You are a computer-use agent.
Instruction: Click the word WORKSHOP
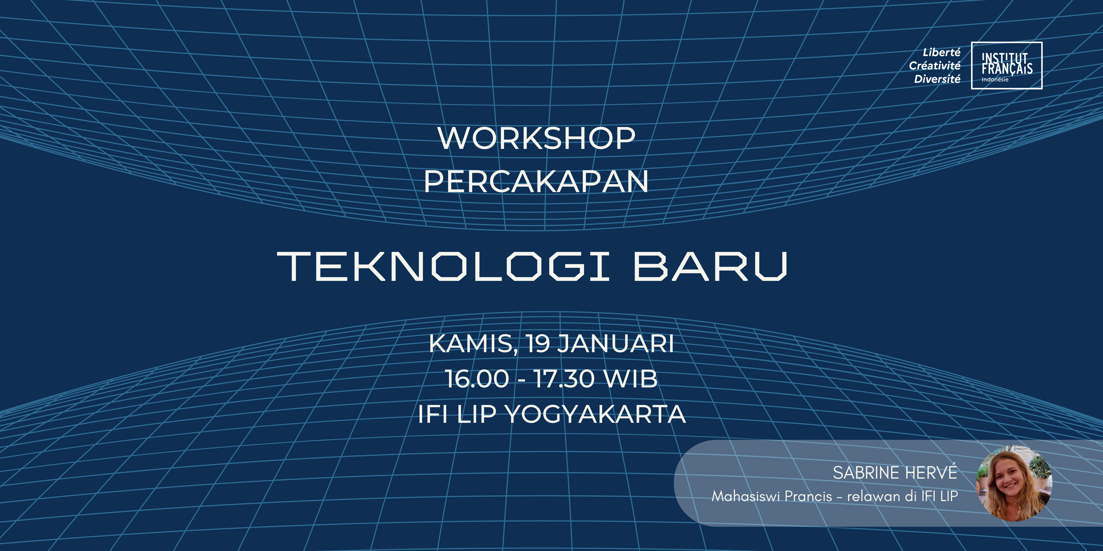click(x=536, y=139)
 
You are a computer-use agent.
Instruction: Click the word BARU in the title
click(x=710, y=267)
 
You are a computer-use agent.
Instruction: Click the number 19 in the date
click(x=538, y=344)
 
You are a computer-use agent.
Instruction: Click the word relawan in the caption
click(x=874, y=496)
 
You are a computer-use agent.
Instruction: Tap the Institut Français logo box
click(x=1007, y=66)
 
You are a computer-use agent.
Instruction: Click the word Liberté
click(x=942, y=52)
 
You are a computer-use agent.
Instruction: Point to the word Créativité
click(x=935, y=66)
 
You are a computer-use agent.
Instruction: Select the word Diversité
click(x=937, y=79)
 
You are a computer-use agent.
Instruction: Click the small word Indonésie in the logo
click(x=995, y=80)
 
